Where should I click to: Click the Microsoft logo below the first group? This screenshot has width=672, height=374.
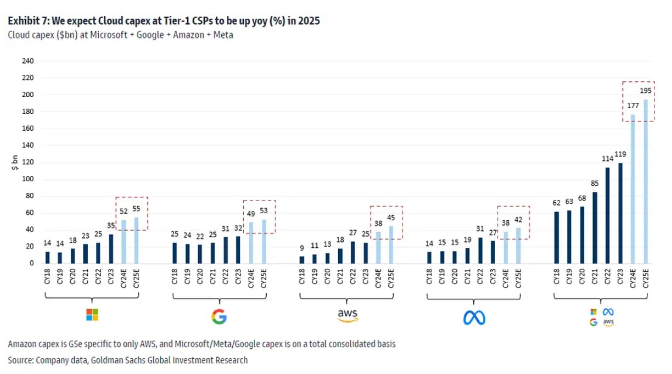click(92, 315)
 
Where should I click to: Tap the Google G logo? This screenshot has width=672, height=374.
click(219, 317)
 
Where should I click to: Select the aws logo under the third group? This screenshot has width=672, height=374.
click(347, 316)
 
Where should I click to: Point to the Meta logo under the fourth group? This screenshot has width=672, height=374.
click(474, 317)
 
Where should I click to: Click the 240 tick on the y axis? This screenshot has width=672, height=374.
click(27, 61)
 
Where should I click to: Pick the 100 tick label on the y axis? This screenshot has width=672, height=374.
click(27, 179)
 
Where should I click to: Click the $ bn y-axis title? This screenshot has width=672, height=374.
click(14, 162)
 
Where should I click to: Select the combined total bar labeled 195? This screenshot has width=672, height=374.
click(646, 181)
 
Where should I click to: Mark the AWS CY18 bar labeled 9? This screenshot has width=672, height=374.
click(302, 259)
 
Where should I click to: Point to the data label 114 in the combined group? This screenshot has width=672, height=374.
click(607, 159)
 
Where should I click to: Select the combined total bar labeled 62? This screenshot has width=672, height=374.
click(556, 237)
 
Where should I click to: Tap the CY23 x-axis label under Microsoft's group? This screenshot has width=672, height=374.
click(111, 279)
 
